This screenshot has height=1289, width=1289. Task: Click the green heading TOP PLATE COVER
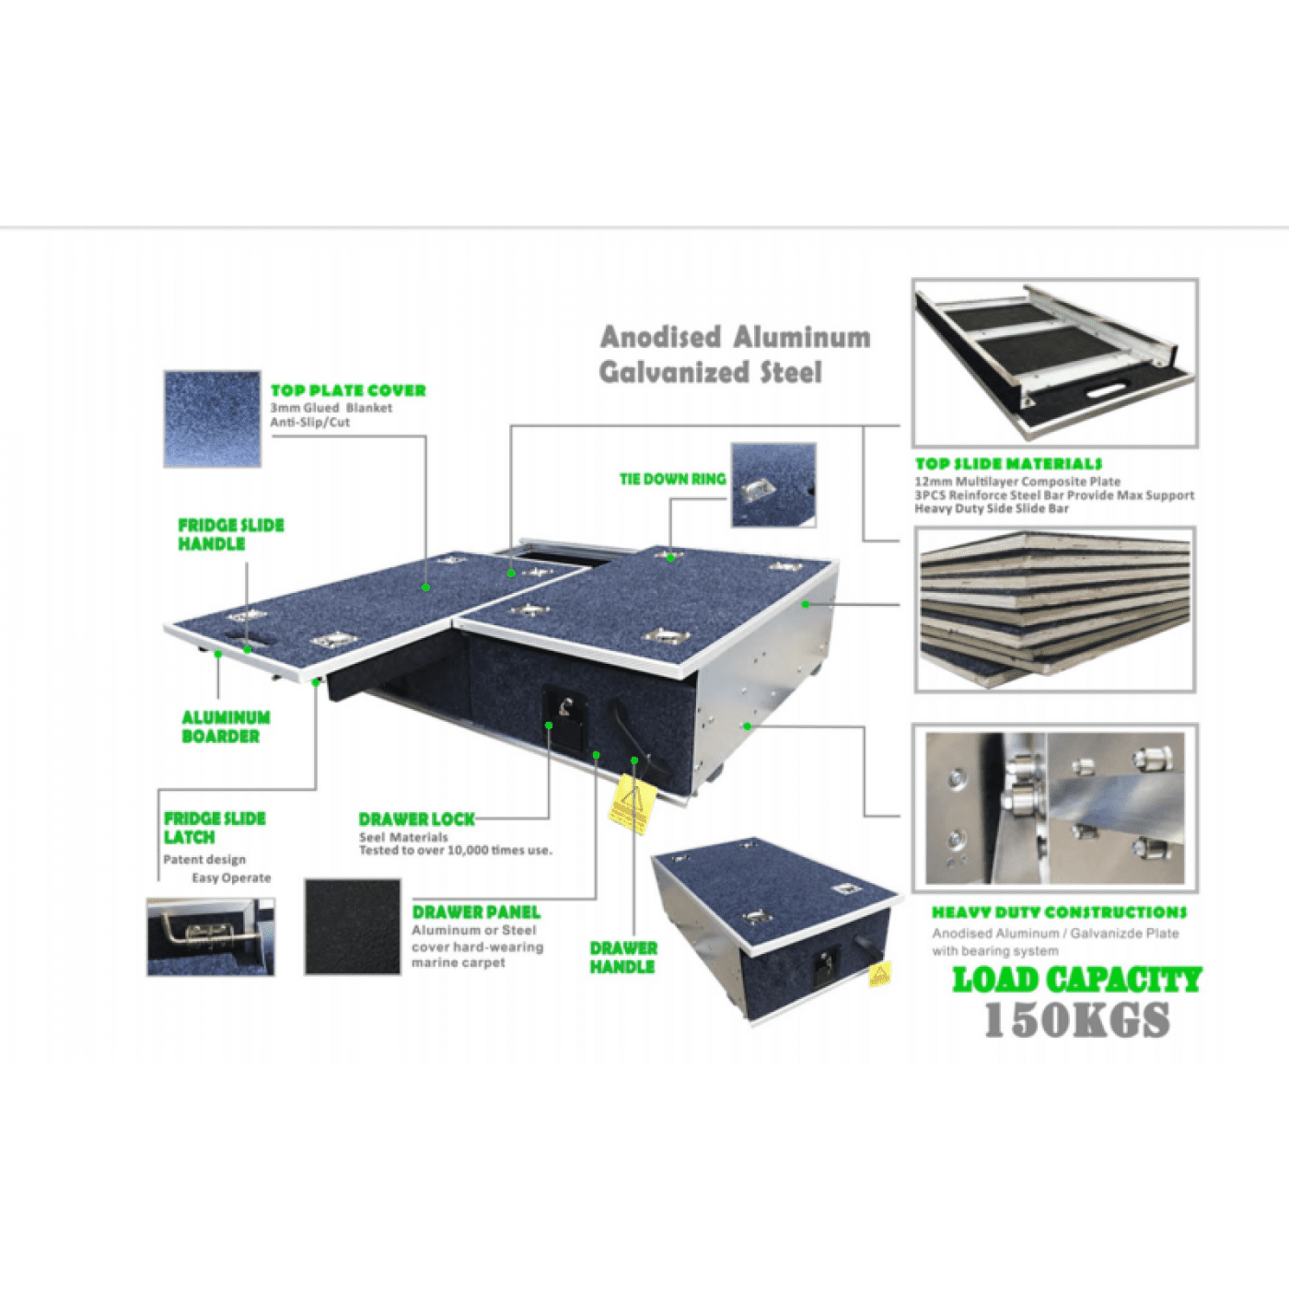[x=348, y=390]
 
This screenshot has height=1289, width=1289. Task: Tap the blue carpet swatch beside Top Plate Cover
[x=212, y=419]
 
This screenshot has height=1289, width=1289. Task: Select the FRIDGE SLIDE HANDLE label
[x=230, y=534]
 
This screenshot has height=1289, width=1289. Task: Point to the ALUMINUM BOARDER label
[x=226, y=726]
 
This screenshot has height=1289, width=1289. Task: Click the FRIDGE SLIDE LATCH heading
[x=214, y=828]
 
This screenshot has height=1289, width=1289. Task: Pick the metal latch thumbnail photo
[x=210, y=937]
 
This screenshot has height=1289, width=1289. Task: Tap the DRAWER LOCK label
[x=416, y=819]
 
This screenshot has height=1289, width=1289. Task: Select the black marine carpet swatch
[x=352, y=926]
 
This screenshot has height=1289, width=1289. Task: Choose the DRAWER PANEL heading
[x=475, y=912]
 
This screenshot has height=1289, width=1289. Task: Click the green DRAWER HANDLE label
[x=623, y=958]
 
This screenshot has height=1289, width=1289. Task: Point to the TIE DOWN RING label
[x=672, y=479]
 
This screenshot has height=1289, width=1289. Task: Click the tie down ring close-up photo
[x=773, y=485]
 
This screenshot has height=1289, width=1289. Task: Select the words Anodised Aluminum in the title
[x=735, y=337]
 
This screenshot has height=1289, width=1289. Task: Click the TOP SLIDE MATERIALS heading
[x=1008, y=464]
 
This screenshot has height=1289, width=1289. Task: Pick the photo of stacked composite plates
[x=1055, y=610]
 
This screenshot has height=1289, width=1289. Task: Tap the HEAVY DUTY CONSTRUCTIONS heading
[x=1059, y=912]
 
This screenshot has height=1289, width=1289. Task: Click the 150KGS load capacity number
[x=1076, y=1020]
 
